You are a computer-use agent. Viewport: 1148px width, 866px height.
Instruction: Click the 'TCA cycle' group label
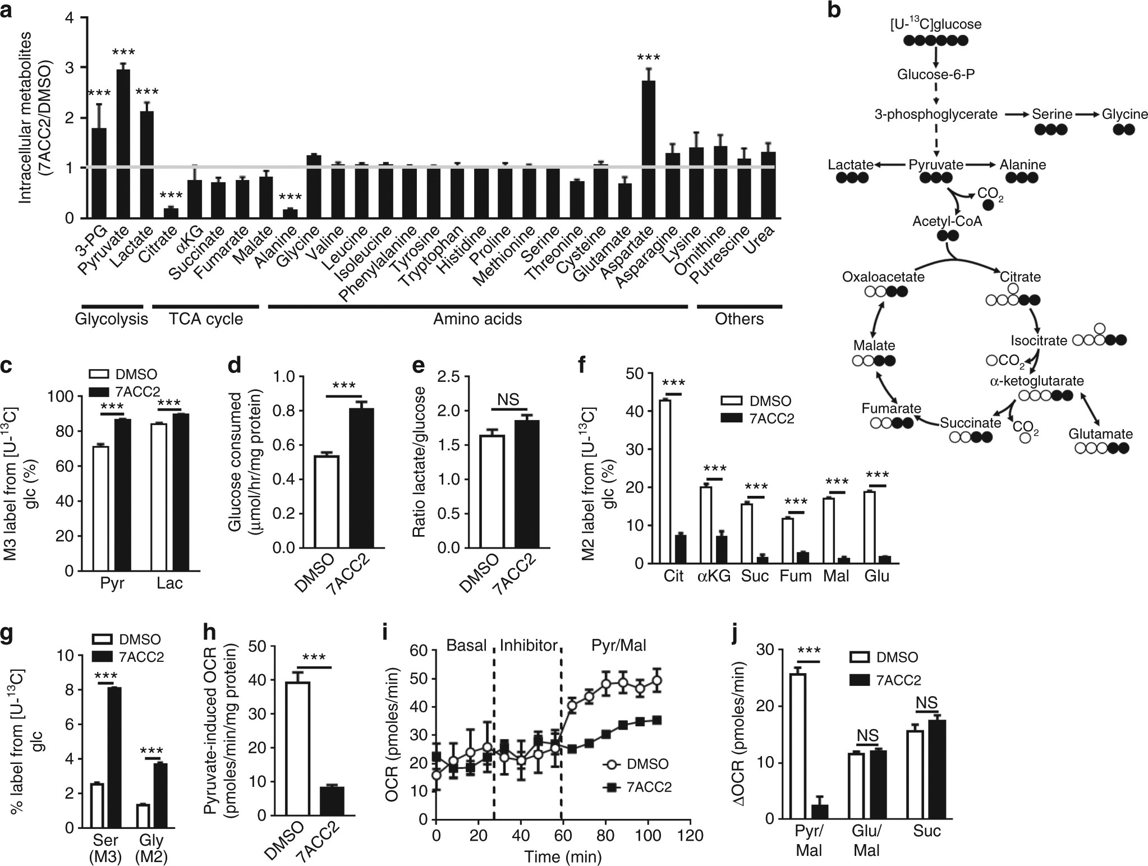(x=206, y=319)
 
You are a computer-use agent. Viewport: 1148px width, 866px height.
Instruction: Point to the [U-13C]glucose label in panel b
(x=935, y=24)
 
